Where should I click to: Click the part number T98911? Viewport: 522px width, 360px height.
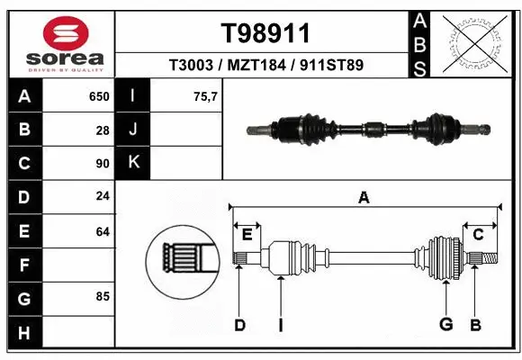click(x=265, y=33)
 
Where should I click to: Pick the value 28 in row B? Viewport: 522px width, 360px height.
click(x=102, y=130)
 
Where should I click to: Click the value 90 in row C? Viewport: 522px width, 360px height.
click(x=102, y=164)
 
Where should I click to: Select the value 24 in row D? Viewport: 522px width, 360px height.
click(x=102, y=196)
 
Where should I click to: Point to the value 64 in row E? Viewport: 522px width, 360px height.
click(x=102, y=231)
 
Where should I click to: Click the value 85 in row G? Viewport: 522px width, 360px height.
click(x=102, y=296)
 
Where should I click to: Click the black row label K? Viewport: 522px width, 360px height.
click(x=134, y=164)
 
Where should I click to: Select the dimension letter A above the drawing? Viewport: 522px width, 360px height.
click(x=364, y=197)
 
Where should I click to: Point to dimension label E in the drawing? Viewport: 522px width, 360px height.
click(x=247, y=234)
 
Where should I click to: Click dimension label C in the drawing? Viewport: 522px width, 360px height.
click(x=479, y=234)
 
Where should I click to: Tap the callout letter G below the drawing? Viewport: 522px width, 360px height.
click(x=445, y=325)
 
